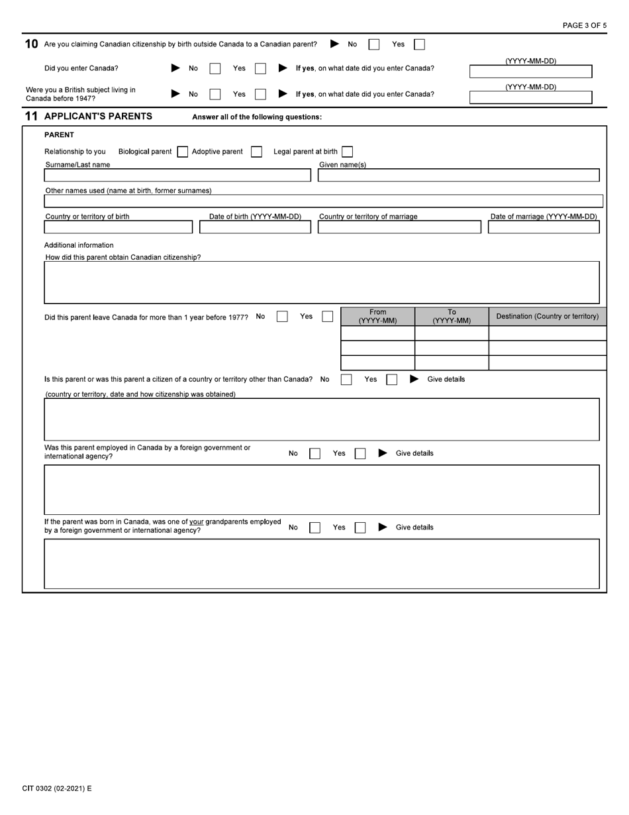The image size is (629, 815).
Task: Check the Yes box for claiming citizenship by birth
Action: click(419, 44)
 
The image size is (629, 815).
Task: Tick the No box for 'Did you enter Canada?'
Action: click(215, 68)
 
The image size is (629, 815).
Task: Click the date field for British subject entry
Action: click(530, 97)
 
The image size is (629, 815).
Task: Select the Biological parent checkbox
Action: click(183, 152)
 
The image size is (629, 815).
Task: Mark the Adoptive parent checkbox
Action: click(256, 152)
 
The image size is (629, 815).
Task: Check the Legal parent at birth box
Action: click(347, 152)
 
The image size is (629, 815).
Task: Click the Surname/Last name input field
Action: click(177, 176)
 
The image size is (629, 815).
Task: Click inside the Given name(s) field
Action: click(458, 176)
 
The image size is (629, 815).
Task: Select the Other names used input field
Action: click(323, 201)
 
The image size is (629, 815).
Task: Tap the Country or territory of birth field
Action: click(118, 227)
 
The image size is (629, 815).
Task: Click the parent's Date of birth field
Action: click(255, 227)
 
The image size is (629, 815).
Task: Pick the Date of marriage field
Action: click(544, 227)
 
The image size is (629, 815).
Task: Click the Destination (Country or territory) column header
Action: click(547, 317)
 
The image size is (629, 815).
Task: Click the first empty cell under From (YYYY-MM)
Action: click(377, 333)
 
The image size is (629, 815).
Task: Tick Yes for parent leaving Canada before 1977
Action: click(327, 317)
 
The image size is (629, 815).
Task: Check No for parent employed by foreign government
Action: click(315, 454)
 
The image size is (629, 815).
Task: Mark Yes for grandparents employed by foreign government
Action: click(360, 528)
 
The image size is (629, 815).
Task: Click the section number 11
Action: click(31, 117)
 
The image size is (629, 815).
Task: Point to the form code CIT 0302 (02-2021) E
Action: click(57, 788)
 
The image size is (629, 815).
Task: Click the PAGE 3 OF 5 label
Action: click(584, 26)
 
